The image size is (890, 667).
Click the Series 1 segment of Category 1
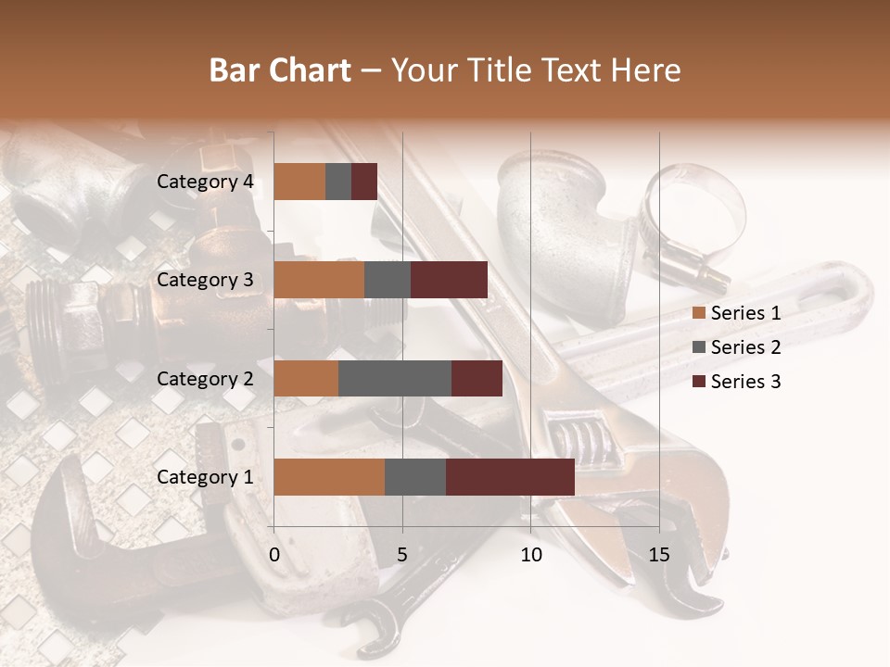coord(329,477)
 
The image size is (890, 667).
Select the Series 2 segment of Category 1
coord(414,477)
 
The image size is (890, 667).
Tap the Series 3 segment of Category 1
coord(510,477)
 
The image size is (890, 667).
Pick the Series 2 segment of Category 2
coord(395,378)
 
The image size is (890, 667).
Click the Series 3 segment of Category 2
coord(477,378)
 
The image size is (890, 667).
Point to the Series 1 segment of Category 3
coord(319,280)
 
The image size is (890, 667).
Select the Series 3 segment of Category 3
coord(449,280)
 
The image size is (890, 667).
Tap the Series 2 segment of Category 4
coord(338,182)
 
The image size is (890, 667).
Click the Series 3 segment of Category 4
coord(364,182)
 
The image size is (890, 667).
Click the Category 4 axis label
coord(205,182)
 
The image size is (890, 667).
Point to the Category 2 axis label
coord(205,378)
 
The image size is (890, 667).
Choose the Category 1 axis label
coord(205,477)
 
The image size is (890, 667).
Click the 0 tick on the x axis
coord(274,555)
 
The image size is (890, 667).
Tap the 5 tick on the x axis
coord(402,555)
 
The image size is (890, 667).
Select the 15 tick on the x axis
coord(659,555)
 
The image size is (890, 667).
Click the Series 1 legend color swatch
coord(699,313)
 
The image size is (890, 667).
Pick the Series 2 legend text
coord(745,347)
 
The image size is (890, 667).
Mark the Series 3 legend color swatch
coord(699,382)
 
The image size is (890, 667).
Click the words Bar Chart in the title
coord(280,69)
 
